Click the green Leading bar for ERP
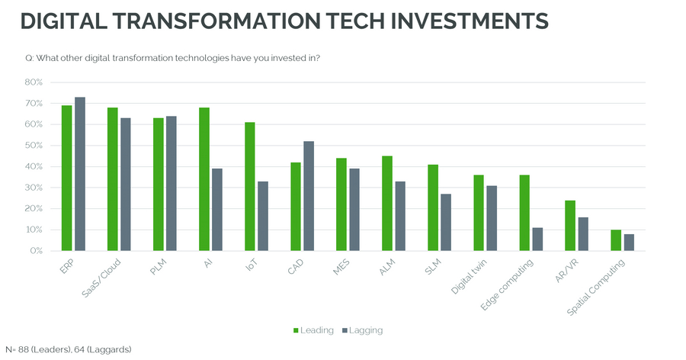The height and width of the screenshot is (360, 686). click(67, 178)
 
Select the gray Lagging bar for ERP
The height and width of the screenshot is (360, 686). click(80, 174)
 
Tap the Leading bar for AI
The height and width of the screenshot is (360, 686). click(204, 179)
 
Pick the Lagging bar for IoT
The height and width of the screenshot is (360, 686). click(263, 216)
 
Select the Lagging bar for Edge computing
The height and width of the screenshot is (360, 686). click(537, 239)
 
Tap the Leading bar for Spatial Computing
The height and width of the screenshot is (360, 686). click(616, 240)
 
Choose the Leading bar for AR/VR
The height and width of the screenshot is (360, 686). click(570, 225)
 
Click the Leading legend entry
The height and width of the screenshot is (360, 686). click(313, 330)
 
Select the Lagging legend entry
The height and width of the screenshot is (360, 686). click(362, 330)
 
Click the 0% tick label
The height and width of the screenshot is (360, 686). click(35, 250)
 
